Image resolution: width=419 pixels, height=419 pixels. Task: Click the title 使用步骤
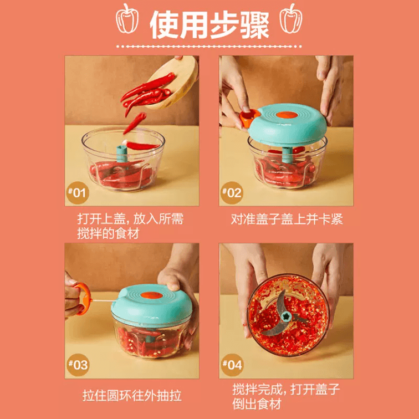point(209,24)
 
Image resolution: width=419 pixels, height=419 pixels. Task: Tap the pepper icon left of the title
point(127,19)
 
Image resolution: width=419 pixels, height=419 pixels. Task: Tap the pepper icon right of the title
point(291,19)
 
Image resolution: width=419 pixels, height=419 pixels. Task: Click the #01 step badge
point(78,193)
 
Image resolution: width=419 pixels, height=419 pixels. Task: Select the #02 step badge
point(232,193)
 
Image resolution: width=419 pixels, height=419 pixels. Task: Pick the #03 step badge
point(78,365)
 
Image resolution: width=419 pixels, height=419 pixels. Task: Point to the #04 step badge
point(232,365)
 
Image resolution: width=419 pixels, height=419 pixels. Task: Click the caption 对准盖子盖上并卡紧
point(287,219)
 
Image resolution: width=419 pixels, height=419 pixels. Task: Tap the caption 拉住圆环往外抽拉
point(132,396)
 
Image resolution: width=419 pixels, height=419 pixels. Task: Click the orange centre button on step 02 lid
point(287,115)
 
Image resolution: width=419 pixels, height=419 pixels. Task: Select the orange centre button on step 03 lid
point(151,295)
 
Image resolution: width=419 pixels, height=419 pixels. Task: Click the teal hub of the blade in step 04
point(286,316)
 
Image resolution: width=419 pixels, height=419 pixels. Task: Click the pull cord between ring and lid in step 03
point(104,300)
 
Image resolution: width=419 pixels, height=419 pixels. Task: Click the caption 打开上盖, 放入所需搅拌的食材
point(130,226)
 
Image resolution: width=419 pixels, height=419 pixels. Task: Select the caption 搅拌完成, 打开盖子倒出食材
point(286,397)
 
